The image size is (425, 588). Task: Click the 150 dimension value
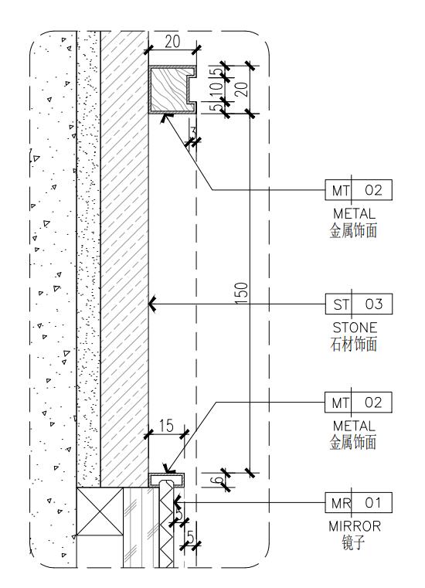pos(242,294)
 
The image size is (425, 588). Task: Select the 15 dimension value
pos(166,426)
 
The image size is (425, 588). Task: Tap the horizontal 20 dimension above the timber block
pos(172,41)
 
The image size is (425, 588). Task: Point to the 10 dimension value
pos(217,90)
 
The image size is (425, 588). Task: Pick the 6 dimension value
pos(218,480)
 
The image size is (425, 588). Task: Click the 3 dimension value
pos(193,132)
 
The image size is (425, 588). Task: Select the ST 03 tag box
pos(359,304)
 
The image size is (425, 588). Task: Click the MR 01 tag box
pos(359,502)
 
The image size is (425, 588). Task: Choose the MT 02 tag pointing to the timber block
pos(359,190)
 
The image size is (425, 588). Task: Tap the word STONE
pos(355,328)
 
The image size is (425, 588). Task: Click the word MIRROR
pos(355,526)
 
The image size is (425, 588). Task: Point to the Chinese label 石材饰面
pos(353,345)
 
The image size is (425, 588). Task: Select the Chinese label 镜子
pos(353,542)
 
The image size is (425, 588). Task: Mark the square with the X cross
pos(100,512)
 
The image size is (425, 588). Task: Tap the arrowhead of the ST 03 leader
pos(152,304)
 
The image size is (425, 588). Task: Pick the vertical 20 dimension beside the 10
pos(243,90)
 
